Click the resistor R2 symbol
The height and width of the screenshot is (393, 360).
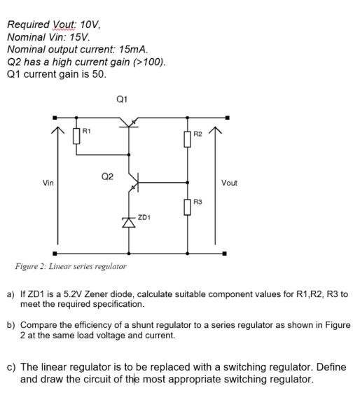point(188,138)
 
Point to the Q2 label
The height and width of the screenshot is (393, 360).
point(106,177)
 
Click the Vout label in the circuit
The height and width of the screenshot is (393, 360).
point(229,183)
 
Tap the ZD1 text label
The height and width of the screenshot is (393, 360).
point(145,218)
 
